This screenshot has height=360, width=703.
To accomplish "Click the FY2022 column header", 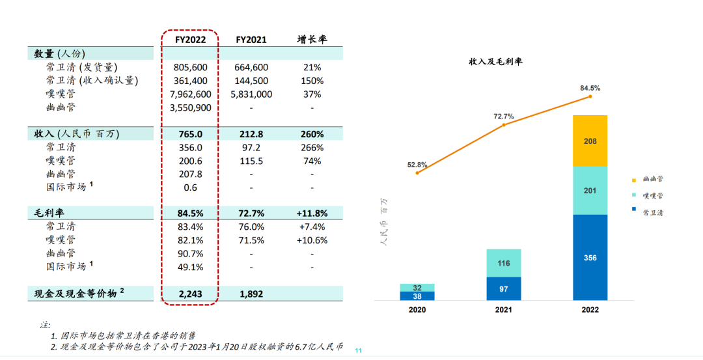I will pos(190,40).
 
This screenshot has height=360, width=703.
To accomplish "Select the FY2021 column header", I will pos(251,40).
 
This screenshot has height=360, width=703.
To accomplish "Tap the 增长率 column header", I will pos(312,40).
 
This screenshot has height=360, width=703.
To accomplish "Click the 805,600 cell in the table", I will pos(190,67).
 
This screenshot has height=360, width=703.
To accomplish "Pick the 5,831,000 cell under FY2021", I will pos(251,94).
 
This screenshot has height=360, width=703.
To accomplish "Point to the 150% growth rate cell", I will pos(312,81).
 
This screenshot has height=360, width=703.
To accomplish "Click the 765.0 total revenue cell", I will pos(190,134).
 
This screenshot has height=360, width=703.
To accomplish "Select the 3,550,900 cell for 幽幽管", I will pos(190,107).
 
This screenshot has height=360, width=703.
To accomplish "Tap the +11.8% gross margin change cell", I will pos(312,214).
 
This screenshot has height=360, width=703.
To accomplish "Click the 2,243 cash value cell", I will pos(190,294).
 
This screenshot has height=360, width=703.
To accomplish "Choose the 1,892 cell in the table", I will pos(251,294).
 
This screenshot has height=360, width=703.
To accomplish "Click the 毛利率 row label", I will pos(49,214).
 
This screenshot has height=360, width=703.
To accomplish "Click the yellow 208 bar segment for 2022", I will pos(590,141).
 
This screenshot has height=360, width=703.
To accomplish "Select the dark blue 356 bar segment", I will pos(590,258).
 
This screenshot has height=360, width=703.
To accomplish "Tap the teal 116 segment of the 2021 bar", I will pos(504,263).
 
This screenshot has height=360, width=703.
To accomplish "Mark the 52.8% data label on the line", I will pos(417,165).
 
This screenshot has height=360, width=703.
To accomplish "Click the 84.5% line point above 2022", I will pos(590,96).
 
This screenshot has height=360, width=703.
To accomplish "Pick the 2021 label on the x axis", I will pos(504,310).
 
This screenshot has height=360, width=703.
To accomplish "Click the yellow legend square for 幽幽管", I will pos(633,179).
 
